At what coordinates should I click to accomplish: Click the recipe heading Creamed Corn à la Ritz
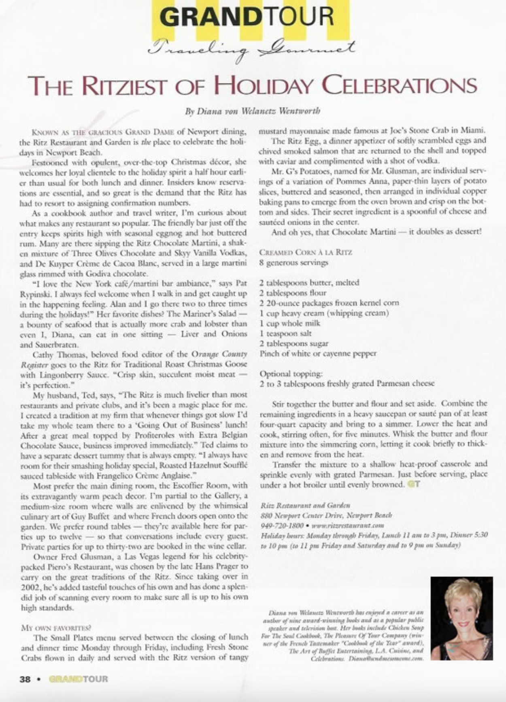click(x=305, y=252)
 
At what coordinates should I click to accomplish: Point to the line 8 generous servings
click(x=293, y=262)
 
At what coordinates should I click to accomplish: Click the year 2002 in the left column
click(x=29, y=587)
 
